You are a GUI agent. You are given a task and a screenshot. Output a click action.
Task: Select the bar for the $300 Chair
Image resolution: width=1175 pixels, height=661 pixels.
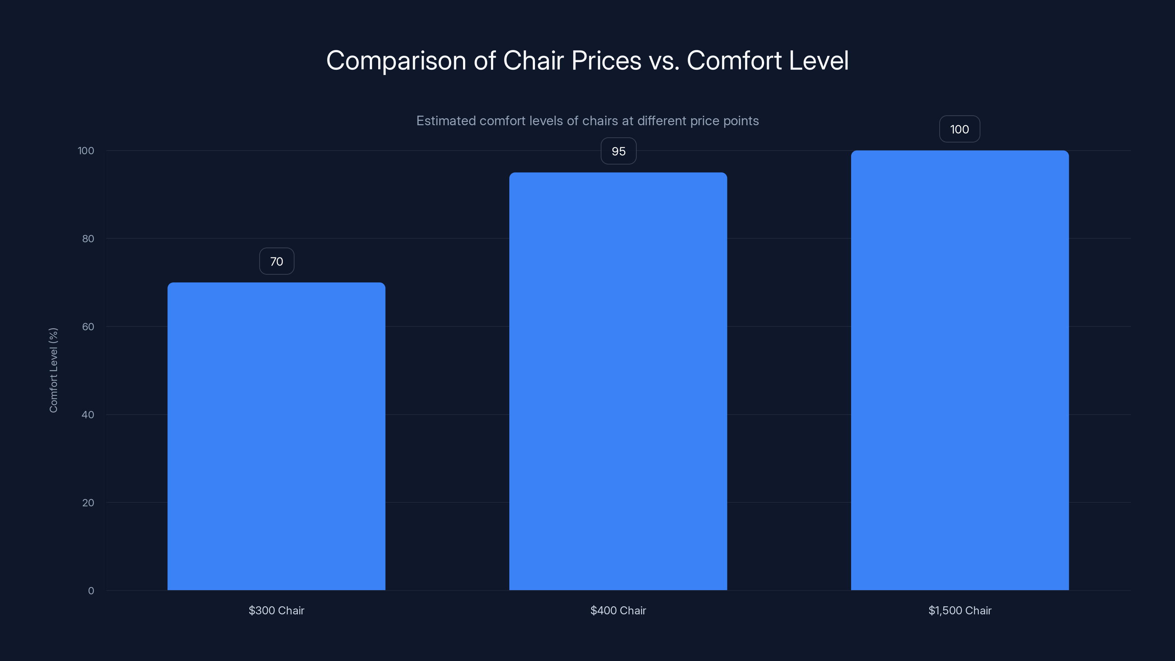point(276,436)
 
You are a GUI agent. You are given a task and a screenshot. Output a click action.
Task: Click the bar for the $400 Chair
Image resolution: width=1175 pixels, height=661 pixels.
point(618,382)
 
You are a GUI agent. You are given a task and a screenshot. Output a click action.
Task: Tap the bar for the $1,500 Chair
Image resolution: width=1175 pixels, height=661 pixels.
point(960,371)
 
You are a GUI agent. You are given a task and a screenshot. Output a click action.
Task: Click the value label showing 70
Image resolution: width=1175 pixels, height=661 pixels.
point(277,261)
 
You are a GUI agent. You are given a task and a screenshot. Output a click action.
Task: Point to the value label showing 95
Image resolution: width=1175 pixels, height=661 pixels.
point(618,151)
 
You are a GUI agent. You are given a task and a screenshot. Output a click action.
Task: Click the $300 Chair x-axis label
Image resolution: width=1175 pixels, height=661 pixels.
point(276,610)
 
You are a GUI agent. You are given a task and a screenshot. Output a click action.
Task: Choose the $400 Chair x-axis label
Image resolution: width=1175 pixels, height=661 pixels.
point(618,610)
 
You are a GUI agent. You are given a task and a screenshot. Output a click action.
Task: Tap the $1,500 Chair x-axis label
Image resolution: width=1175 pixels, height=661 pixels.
point(960,610)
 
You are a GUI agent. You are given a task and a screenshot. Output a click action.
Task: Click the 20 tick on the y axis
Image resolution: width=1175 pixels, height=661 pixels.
point(88,503)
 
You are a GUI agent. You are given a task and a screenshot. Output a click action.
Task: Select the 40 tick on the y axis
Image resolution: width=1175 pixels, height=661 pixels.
point(88,415)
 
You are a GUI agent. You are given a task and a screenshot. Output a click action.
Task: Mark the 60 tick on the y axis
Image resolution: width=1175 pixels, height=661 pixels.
point(88,326)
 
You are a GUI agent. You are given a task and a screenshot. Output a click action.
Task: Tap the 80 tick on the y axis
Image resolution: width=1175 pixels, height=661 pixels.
point(88,239)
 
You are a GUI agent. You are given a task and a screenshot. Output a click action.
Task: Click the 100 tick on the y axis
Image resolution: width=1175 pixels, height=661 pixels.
point(86,151)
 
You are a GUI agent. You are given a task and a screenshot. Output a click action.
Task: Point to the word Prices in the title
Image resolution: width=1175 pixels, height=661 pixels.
point(606,61)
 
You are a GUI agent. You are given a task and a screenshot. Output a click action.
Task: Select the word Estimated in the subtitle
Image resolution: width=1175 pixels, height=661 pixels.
point(446,121)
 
